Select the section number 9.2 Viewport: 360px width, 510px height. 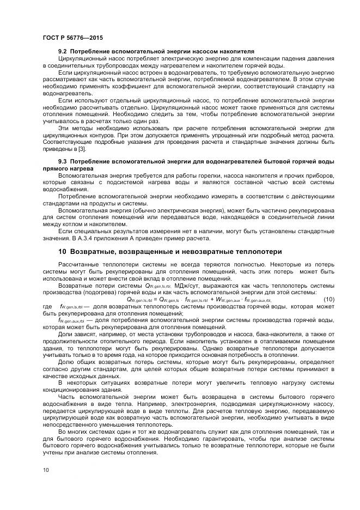(x=63, y=52)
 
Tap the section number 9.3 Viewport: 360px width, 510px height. (x=63, y=162)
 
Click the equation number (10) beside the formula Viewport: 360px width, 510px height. (x=329, y=299)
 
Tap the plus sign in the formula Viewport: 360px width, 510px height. (x=212, y=299)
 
